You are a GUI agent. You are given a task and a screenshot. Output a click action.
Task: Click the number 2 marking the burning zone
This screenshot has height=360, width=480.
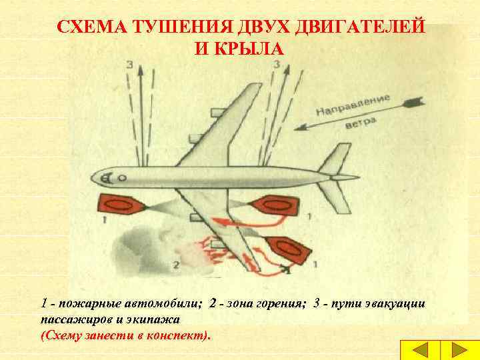[176, 265]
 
